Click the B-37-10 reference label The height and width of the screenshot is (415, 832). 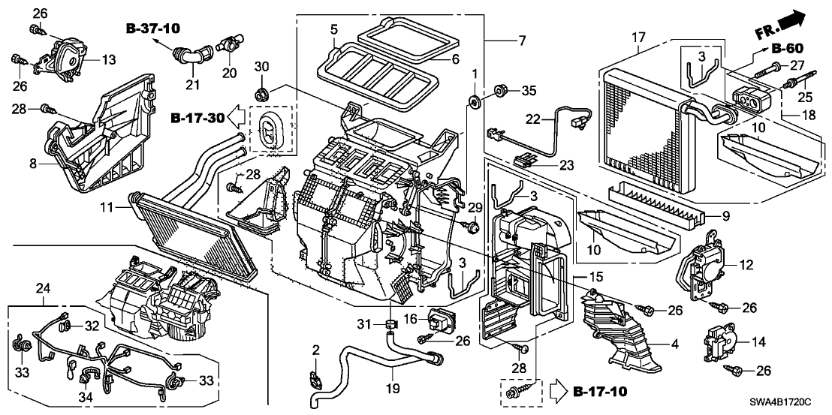tap(155, 29)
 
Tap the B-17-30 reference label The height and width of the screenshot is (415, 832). tap(196, 117)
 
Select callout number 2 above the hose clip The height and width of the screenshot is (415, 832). tap(316, 350)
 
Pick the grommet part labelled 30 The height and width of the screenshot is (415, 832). tap(262, 95)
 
